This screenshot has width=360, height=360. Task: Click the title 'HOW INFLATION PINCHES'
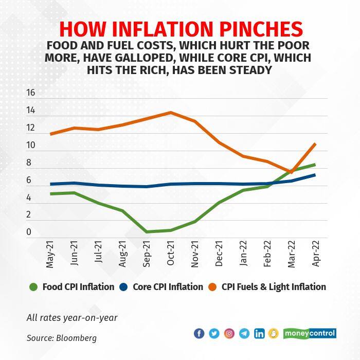(x=180, y=28)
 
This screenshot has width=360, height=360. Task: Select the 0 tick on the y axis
(x=29, y=232)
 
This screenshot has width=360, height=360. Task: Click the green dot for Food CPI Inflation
(x=34, y=287)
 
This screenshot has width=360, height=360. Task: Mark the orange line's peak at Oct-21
(x=170, y=113)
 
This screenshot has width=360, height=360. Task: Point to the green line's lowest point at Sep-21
(x=147, y=232)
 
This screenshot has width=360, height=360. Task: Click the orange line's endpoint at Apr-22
(x=315, y=144)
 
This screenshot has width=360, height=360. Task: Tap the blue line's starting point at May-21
(x=50, y=184)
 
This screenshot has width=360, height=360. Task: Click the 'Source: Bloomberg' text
(x=62, y=338)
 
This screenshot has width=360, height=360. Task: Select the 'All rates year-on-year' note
(x=72, y=317)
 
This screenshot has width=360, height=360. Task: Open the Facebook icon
(x=199, y=333)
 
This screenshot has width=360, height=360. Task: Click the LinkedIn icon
(x=260, y=333)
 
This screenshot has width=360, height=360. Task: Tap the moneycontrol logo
(x=311, y=333)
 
